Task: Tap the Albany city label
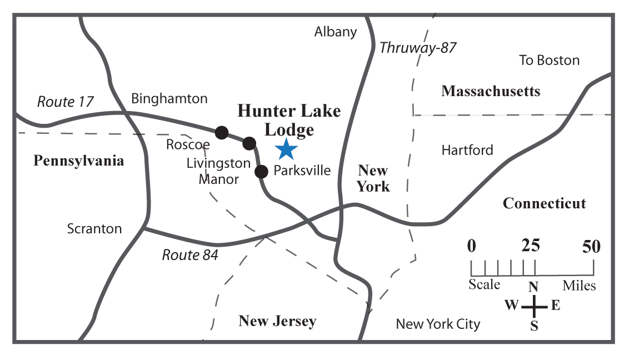click(x=336, y=32)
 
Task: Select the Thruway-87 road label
click(x=418, y=48)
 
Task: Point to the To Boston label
click(x=549, y=60)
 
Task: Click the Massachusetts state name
click(x=491, y=91)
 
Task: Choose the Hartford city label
click(x=467, y=150)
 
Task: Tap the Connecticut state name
click(x=544, y=203)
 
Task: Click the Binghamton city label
click(x=169, y=99)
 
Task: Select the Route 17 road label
click(x=66, y=102)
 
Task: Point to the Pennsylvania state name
click(x=78, y=161)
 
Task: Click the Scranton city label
click(x=94, y=228)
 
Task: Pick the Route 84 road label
click(x=190, y=255)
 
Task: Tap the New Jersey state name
click(x=277, y=321)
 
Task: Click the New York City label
click(x=438, y=324)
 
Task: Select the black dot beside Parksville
click(x=261, y=171)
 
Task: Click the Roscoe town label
click(x=188, y=145)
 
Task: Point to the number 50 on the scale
click(x=592, y=246)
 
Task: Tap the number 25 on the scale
click(x=531, y=246)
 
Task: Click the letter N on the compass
click(x=533, y=287)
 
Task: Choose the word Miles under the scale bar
click(x=578, y=286)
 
